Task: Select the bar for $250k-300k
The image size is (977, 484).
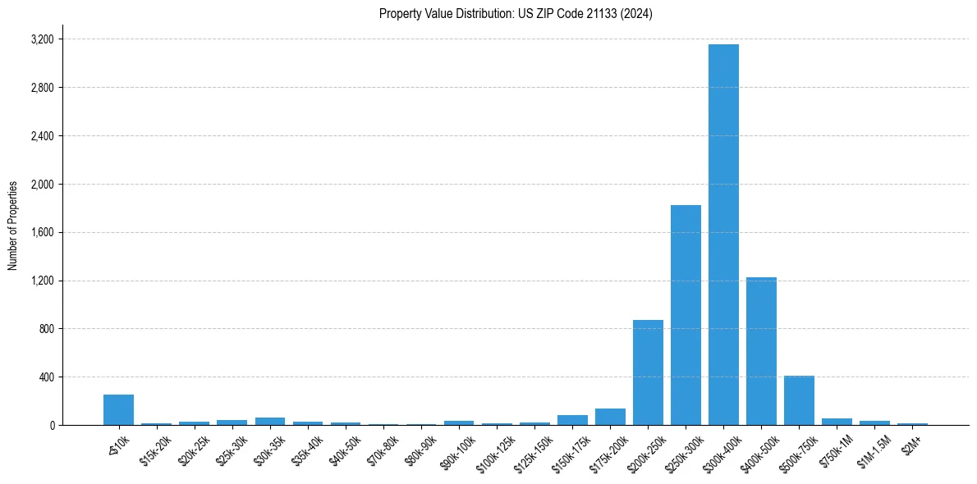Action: pyautogui.click(x=686, y=315)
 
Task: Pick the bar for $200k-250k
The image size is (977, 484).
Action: pyautogui.click(x=648, y=372)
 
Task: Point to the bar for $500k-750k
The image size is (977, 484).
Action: pyautogui.click(x=799, y=400)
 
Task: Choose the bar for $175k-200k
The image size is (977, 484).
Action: pyautogui.click(x=610, y=417)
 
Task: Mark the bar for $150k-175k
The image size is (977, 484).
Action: pyautogui.click(x=572, y=420)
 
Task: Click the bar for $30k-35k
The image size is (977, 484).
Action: pyautogui.click(x=270, y=421)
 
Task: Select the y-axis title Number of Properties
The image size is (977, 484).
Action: pyautogui.click(x=13, y=225)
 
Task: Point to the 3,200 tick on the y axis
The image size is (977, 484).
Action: pyautogui.click(x=42, y=39)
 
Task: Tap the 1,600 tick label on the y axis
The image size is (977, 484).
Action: pyautogui.click(x=42, y=232)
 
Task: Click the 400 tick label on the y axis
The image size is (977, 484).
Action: pyautogui.click(x=46, y=377)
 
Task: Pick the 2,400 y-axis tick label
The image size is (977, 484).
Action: pyautogui.click(x=42, y=136)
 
